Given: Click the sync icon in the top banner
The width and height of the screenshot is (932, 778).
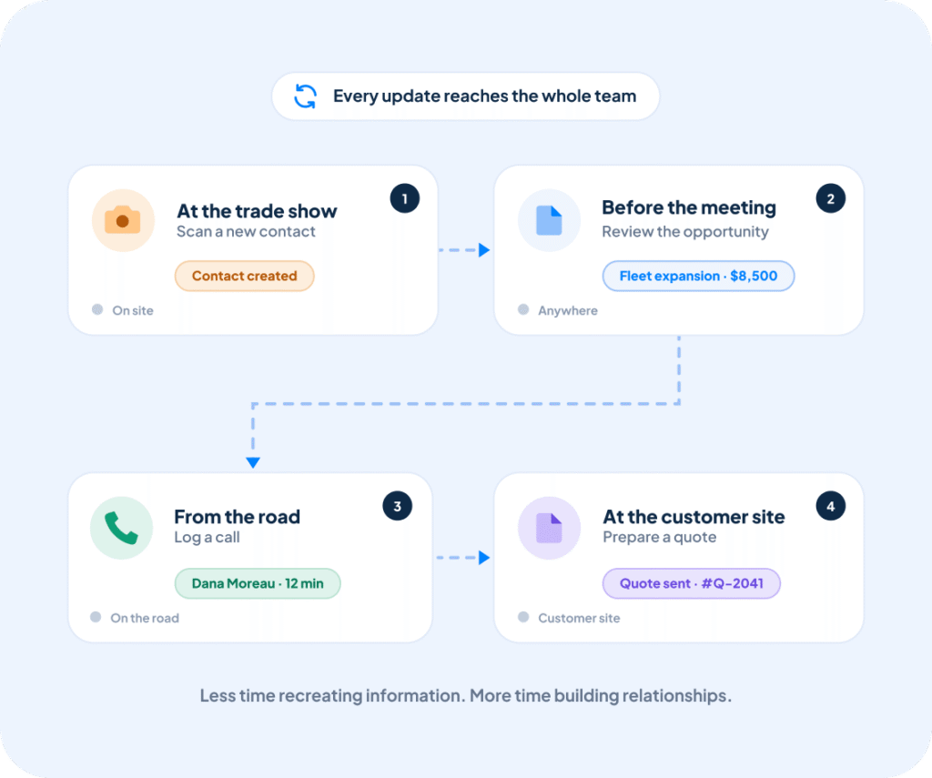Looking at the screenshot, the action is coord(306,96).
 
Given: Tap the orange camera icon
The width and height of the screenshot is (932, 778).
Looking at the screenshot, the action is coord(123,220).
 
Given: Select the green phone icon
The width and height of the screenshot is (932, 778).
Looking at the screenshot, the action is coord(121,528).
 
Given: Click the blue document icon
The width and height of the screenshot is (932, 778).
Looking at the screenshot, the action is coord(549,220).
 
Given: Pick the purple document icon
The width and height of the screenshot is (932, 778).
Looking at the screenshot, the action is coord(549,528).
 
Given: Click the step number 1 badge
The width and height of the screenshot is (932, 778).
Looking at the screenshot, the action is coord(405,198).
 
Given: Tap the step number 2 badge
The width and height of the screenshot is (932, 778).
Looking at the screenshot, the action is coord(830,198).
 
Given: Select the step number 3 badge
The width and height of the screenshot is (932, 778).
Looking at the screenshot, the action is coord(397,506).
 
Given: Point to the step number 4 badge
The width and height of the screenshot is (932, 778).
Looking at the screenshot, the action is coord(830,506).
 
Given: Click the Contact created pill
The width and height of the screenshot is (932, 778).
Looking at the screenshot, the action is coord(244,276).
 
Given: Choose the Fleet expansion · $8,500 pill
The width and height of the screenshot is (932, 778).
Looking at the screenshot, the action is coord(698,276).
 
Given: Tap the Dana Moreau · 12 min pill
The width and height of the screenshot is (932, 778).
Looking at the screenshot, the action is coord(258,583).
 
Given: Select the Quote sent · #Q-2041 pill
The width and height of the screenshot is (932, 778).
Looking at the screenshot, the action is coord(692,583).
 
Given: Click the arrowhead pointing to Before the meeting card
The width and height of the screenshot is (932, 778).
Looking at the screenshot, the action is coord(484,250).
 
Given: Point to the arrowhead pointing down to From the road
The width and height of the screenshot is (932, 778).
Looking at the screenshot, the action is coord(253,462).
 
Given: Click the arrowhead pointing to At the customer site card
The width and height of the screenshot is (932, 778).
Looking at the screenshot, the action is coord(484,558).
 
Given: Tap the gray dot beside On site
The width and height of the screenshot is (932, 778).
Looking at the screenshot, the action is coord(97,309).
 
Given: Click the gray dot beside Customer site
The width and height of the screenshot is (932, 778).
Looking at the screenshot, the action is coord(523,617).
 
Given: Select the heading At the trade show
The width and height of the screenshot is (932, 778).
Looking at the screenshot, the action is coord(257,211).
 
